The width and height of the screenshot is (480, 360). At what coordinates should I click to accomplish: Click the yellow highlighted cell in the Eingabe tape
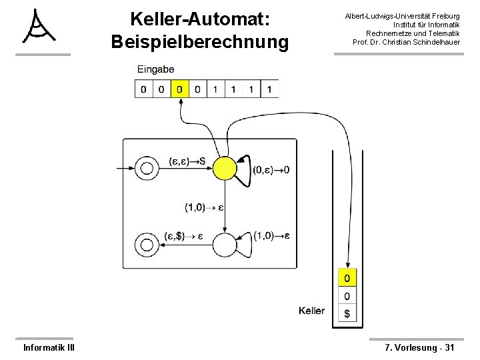tap(179, 89)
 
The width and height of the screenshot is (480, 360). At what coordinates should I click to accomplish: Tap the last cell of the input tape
tap(269, 89)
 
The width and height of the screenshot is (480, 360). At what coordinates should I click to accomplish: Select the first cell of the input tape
tap(143, 89)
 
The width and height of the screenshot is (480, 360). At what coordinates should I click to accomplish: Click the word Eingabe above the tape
tap(156, 69)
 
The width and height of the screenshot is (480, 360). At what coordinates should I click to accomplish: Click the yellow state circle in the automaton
tap(225, 167)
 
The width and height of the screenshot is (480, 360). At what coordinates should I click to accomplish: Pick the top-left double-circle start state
tap(145, 167)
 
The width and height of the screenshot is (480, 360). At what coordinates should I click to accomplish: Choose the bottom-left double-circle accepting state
tap(145, 245)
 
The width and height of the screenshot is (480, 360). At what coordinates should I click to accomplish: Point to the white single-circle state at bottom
tap(225, 245)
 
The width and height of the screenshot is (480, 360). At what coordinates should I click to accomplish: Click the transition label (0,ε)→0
tap(271, 171)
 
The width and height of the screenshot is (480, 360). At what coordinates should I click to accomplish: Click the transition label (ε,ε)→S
tap(187, 161)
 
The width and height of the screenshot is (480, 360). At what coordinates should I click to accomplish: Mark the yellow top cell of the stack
tap(347, 277)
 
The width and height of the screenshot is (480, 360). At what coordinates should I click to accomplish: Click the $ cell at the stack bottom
tap(347, 313)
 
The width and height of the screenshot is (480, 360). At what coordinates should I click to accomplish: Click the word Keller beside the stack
tap(312, 311)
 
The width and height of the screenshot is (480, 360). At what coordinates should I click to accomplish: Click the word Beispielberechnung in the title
tap(200, 42)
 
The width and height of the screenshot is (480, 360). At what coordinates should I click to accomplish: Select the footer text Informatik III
tap(49, 347)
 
